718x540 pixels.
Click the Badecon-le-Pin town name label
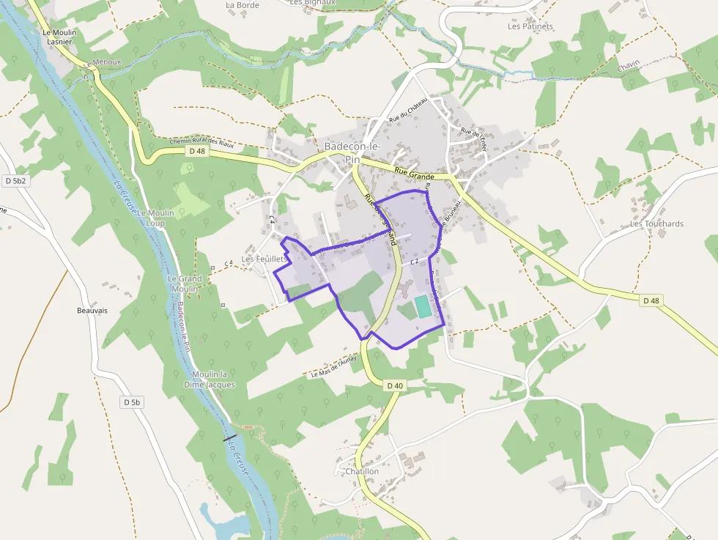[x=352, y=152]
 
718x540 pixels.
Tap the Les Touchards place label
[x=656, y=223]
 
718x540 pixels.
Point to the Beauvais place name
[x=92, y=311]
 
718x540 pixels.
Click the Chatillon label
[x=362, y=472]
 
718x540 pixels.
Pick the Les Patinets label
[x=530, y=26]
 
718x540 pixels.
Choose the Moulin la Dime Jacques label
[x=210, y=379]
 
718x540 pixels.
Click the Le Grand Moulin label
[x=185, y=284]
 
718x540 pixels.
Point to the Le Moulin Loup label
[x=155, y=217]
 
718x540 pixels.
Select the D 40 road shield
[x=394, y=385]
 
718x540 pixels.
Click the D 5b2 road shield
[x=15, y=180]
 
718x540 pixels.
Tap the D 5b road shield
[x=132, y=402]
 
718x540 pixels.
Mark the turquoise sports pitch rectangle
[x=423, y=306]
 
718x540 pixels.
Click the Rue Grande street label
[x=414, y=175]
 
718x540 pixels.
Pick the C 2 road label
[x=414, y=261]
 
